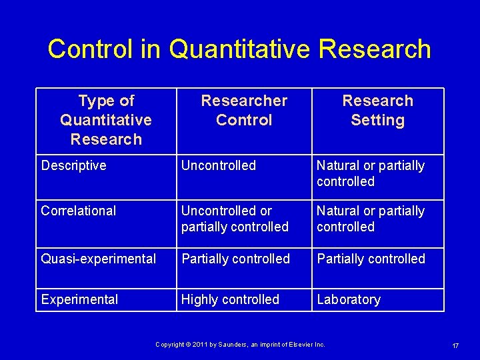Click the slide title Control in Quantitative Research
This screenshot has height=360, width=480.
click(239, 49)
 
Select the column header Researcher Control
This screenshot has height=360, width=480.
click(244, 111)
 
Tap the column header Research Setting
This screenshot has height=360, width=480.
click(377, 111)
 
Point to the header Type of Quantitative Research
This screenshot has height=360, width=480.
click(106, 120)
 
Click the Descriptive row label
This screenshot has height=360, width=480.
click(73, 165)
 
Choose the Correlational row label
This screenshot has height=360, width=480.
click(78, 211)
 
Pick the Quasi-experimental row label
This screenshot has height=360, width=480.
click(99, 259)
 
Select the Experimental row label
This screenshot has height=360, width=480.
click(79, 299)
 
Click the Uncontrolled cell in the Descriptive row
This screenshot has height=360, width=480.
click(218, 165)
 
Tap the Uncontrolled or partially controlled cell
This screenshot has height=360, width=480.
click(235, 219)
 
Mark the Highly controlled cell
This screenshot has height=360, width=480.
click(230, 299)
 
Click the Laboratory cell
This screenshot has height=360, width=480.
click(348, 299)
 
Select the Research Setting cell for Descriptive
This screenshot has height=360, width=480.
click(370, 173)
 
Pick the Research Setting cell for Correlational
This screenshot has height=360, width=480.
click(370, 219)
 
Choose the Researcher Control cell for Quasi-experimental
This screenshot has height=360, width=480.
click(235, 259)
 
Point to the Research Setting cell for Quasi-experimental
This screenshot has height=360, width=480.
click(371, 259)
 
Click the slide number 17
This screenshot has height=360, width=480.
click(455, 345)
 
